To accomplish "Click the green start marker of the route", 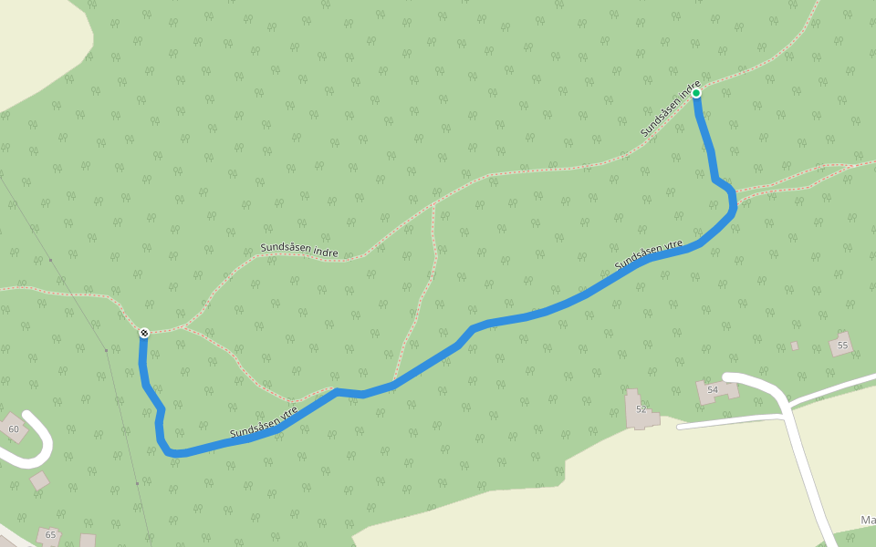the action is click(696, 93).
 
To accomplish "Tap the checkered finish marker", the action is click(144, 333).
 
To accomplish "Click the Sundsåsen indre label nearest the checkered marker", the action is click(299, 250).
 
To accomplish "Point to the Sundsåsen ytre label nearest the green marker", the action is click(649, 255).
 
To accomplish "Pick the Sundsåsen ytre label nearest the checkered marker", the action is click(264, 420).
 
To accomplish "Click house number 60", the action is click(13, 428).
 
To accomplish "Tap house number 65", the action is click(50, 534).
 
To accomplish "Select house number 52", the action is click(641, 409).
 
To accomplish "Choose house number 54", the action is click(713, 390).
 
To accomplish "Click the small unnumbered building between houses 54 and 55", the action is click(794, 346).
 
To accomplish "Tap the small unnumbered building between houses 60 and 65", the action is click(39, 480).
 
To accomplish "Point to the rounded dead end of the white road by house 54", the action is click(729, 377).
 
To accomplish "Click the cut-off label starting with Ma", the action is click(867, 521).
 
